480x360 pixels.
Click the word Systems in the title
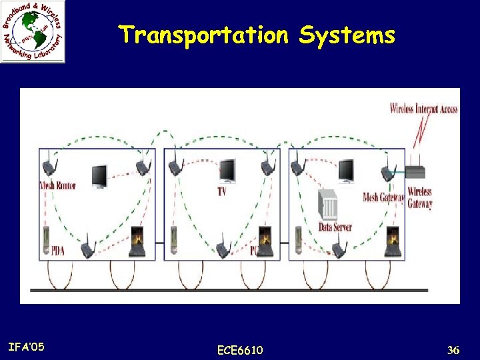[347, 35]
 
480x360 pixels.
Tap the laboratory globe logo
[33, 31]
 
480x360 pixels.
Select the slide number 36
[453, 349]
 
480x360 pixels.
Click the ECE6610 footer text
[240, 350]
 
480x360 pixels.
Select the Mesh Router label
[58, 186]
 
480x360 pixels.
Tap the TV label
[221, 191]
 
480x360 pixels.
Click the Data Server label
[335, 227]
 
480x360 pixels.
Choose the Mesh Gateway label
[383, 197]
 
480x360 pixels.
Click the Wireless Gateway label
[420, 197]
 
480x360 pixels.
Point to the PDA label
[58, 251]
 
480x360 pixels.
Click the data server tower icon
[328, 205]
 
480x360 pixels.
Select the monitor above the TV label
[227, 171]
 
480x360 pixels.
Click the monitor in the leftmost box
[99, 176]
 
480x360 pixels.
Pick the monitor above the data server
[346, 171]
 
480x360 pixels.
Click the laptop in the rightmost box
[393, 241]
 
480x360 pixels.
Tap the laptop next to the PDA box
[138, 242]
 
